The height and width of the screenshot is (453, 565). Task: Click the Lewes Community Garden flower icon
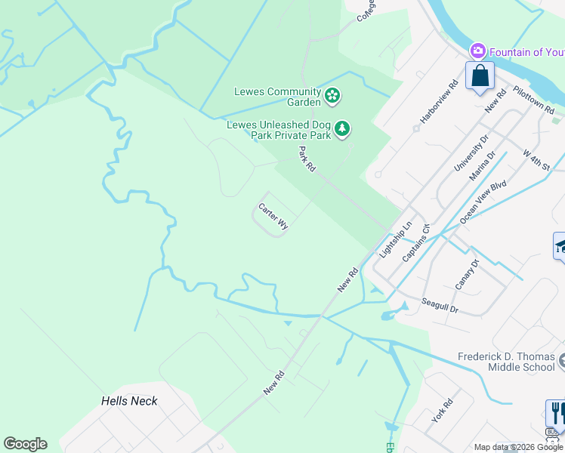tap(333, 96)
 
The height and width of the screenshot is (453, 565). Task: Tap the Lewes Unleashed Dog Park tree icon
tap(343, 130)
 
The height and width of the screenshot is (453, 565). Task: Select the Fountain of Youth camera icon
tap(477, 51)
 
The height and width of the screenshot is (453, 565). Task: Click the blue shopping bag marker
tap(480, 76)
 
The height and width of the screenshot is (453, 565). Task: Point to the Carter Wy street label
tap(273, 216)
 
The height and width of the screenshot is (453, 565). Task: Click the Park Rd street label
tap(307, 159)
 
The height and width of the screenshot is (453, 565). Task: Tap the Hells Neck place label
tap(129, 401)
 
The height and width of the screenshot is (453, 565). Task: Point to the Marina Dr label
tap(481, 167)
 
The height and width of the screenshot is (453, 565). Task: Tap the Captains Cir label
tap(416, 242)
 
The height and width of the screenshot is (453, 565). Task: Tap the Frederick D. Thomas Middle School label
tap(506, 362)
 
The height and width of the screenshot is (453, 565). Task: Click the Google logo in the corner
tap(25, 443)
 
